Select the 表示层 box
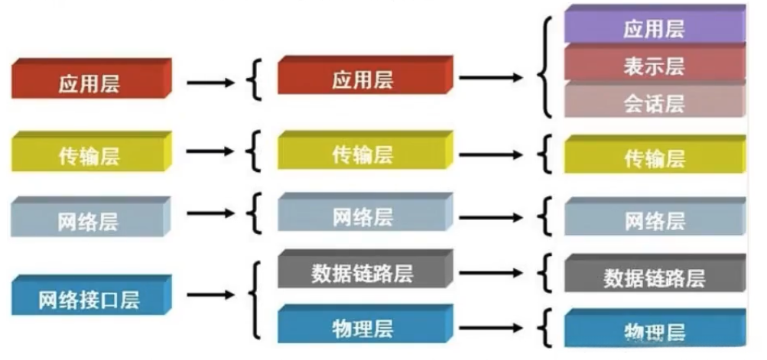point(654,65)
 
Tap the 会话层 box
point(654,102)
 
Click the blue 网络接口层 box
point(89,298)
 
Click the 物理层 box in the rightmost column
point(654,330)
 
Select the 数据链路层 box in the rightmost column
point(654,276)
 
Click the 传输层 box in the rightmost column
point(654,157)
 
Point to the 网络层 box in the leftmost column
point(89,220)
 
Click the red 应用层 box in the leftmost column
point(89,82)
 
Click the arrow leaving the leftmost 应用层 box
point(211,82)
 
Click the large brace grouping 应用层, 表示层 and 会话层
point(545,67)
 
